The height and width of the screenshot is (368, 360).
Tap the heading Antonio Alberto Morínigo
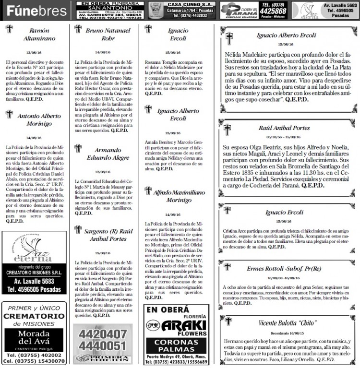39,119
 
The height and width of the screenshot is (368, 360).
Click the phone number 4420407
103,333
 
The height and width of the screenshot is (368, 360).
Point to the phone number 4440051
103,345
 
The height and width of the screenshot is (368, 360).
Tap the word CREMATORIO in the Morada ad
35,316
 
